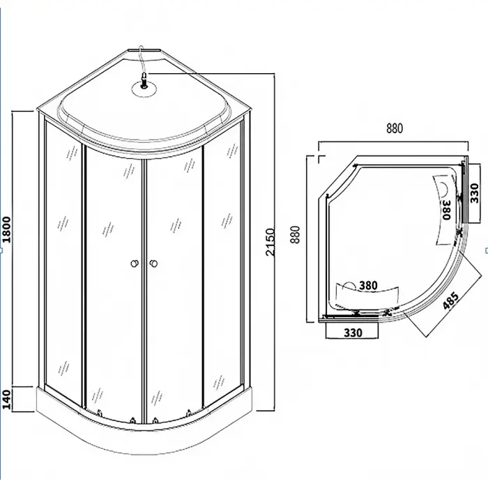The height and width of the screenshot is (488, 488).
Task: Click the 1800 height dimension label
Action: (x=6, y=229)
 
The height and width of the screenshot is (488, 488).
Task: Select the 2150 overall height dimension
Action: (x=270, y=242)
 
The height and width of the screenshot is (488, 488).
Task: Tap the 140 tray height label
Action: (x=6, y=399)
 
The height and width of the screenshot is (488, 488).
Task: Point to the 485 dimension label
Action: (x=451, y=301)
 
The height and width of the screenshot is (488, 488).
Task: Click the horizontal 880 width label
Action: (x=395, y=128)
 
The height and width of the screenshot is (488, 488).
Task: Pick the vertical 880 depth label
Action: (x=295, y=235)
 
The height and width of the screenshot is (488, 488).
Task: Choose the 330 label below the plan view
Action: (x=353, y=333)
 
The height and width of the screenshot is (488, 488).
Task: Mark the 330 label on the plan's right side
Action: (x=474, y=193)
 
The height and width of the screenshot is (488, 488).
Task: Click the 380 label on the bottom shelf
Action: (x=368, y=285)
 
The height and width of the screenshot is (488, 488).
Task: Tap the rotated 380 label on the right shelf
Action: (x=446, y=210)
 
